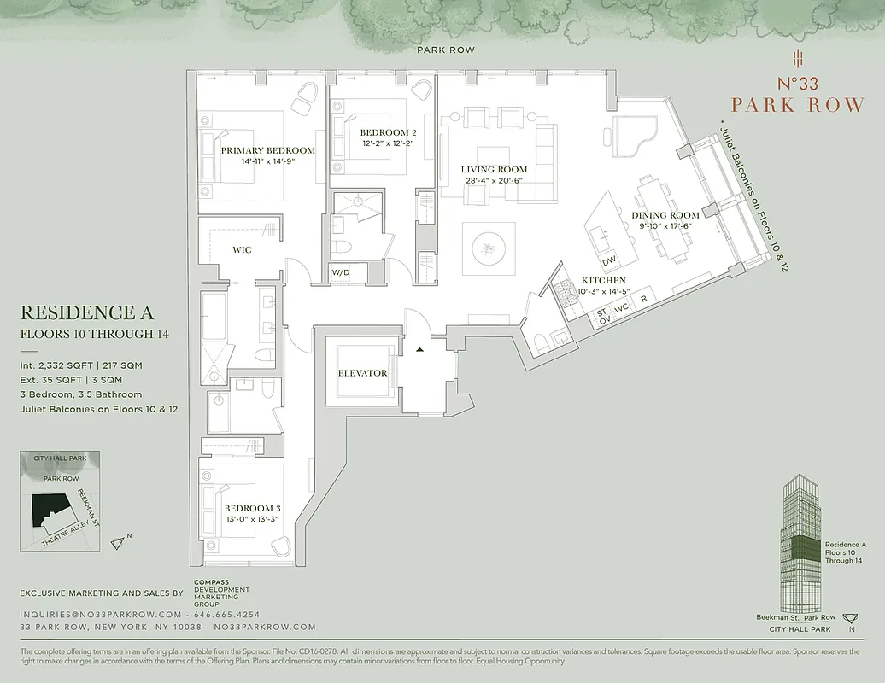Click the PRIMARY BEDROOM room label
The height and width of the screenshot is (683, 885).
click(267, 150)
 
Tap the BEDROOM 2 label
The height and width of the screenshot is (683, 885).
click(388, 132)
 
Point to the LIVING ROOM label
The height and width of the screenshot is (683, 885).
click(494, 169)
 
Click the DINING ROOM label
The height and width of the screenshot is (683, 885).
click(665, 215)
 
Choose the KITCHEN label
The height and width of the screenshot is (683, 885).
click(604, 280)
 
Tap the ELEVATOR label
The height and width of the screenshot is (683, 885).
click(362, 373)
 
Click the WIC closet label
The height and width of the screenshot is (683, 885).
click(242, 250)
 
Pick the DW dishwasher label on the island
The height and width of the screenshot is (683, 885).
click(609, 261)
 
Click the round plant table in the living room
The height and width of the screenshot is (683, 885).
click(489, 248)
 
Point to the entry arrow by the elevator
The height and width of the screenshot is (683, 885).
click(419, 349)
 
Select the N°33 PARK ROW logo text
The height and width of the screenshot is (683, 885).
click(797, 94)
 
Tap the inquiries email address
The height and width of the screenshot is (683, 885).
click(101, 615)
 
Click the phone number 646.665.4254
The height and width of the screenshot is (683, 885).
click(228, 615)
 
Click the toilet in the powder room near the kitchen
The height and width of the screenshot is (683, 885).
click(540, 343)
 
